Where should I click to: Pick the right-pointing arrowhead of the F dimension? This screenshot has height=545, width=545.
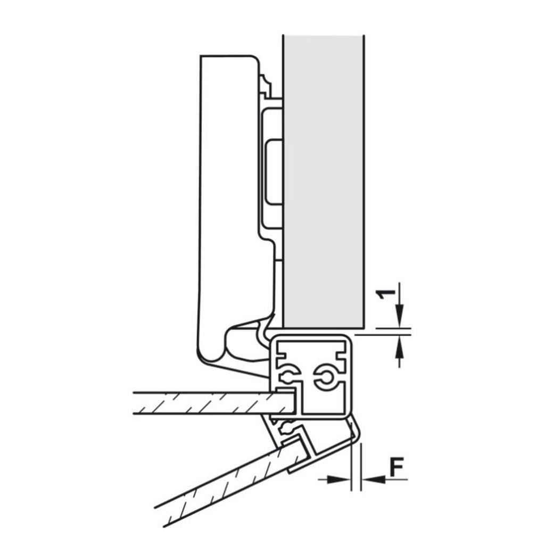point(337,480)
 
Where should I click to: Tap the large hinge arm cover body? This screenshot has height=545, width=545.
point(226,202)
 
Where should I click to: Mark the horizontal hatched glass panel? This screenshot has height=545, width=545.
point(208,403)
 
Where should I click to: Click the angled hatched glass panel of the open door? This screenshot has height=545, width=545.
point(224,482)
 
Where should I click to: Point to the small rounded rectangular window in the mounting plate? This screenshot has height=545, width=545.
point(274,171)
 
